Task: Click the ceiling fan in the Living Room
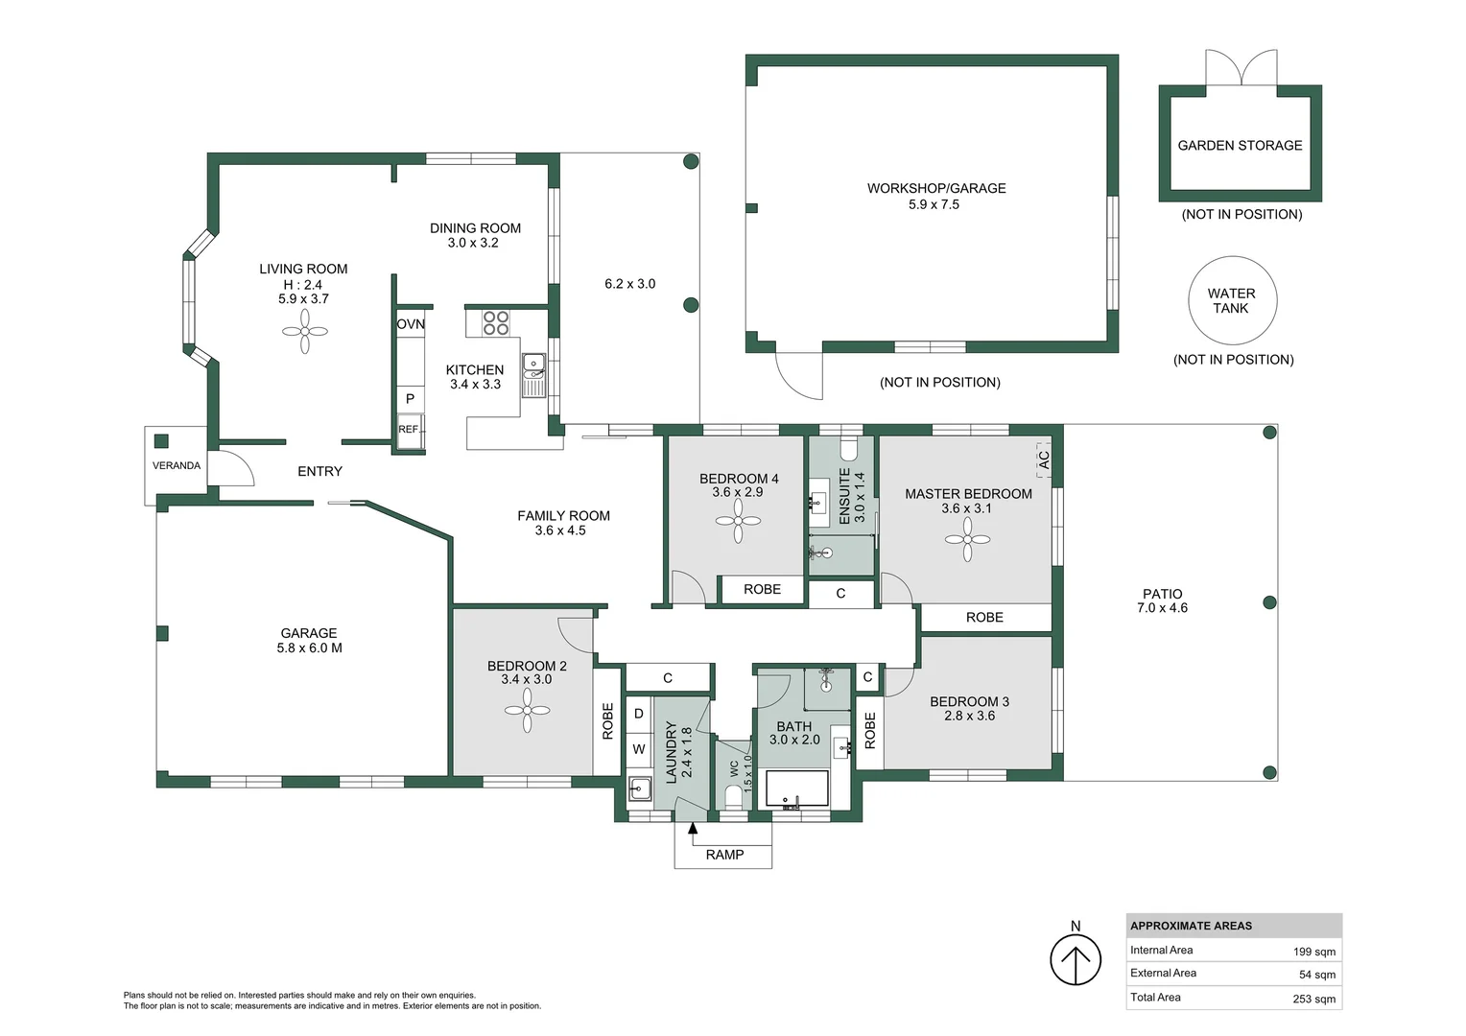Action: [x=305, y=332]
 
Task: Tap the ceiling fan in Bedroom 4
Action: [x=739, y=522]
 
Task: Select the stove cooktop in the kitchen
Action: [x=496, y=322]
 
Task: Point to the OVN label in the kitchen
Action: [x=411, y=324]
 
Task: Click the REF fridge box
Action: [x=410, y=429]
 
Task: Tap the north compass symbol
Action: [x=1075, y=959]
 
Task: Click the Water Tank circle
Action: [x=1231, y=301]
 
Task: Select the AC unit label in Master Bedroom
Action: [x=1044, y=460]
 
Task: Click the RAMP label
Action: [x=724, y=855]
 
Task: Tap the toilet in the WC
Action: [x=734, y=797]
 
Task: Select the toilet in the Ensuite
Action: [x=848, y=449]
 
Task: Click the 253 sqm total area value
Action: [x=1313, y=999]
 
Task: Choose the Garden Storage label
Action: [x=1240, y=146]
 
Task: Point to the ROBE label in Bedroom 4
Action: [x=762, y=589]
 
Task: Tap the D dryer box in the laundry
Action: [x=639, y=714]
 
